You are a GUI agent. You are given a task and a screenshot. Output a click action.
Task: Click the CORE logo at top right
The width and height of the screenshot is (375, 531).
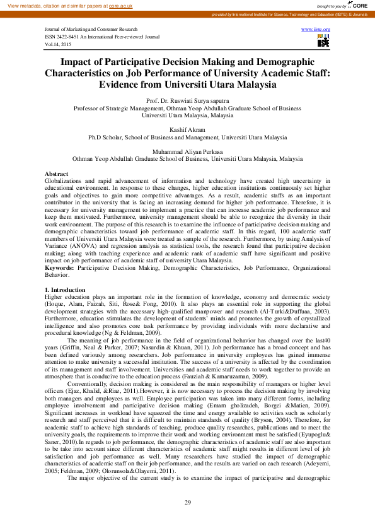pyautogui.click(x=357, y=5)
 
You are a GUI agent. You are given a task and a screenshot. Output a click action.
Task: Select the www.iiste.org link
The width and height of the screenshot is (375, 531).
pyautogui.click(x=316, y=30)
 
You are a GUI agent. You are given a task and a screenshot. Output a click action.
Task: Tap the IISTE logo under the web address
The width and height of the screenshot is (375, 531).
pyautogui.click(x=323, y=41)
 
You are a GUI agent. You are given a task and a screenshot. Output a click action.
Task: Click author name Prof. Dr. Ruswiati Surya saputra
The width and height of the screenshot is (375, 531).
pyautogui.click(x=187, y=101)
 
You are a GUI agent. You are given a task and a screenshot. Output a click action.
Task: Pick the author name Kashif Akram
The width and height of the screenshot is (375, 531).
pyautogui.click(x=187, y=130)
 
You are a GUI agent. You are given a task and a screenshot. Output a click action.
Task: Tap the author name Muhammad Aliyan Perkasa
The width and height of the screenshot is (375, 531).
pyautogui.click(x=187, y=152)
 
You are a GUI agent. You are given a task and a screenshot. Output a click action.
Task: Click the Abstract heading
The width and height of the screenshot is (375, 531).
pyautogui.click(x=57, y=173)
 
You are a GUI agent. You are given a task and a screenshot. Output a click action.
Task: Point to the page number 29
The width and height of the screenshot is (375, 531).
pyautogui.click(x=187, y=502)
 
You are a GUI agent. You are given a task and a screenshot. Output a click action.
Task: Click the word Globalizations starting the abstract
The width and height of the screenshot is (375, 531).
pyautogui.click(x=67, y=180)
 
